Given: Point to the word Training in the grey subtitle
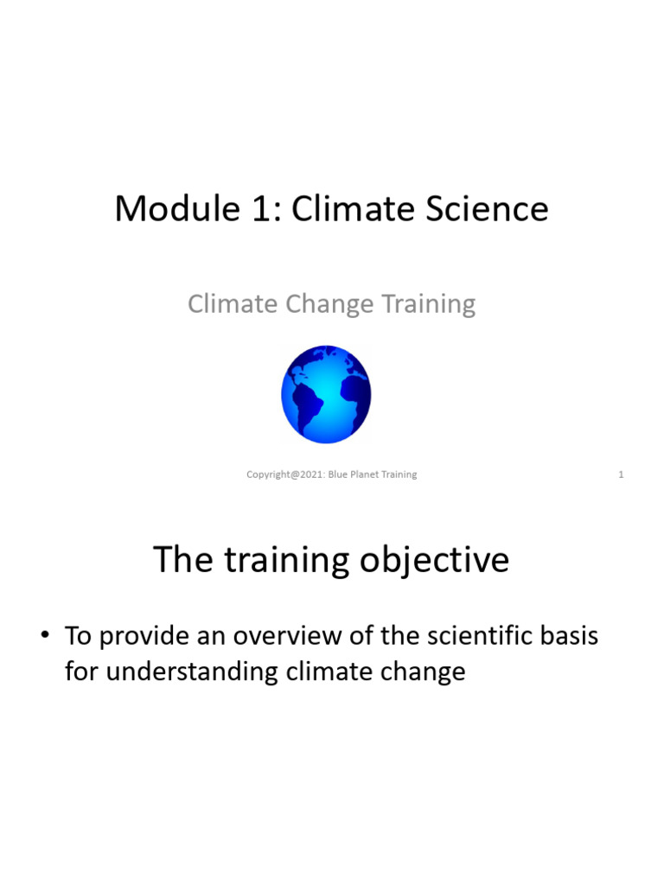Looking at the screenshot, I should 431,304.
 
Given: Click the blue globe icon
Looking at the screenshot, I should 326,393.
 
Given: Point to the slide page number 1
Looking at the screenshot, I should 621,474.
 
